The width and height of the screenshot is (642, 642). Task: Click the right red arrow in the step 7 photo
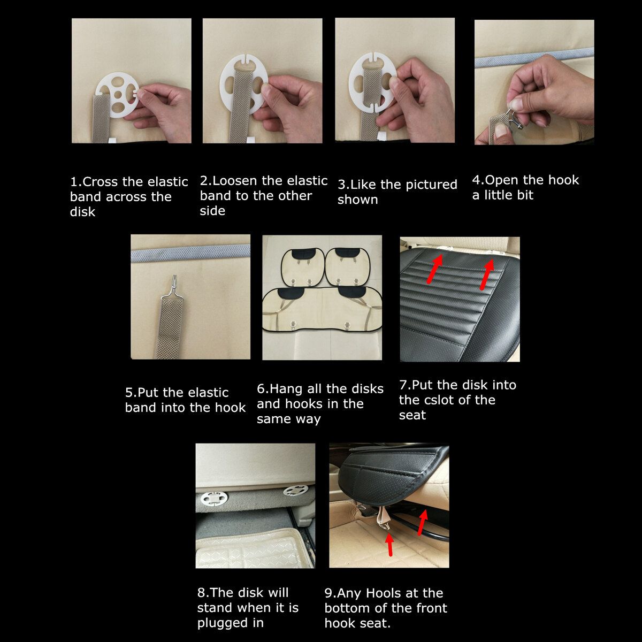tap(487, 274)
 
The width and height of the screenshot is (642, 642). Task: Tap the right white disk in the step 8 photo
tap(295, 491)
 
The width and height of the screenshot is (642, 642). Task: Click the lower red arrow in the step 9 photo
tap(389, 545)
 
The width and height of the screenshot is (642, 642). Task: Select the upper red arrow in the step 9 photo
tap(423, 522)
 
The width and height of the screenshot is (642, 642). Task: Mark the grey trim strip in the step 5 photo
tap(190, 253)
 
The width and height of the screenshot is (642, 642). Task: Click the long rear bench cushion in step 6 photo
tap(322, 310)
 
